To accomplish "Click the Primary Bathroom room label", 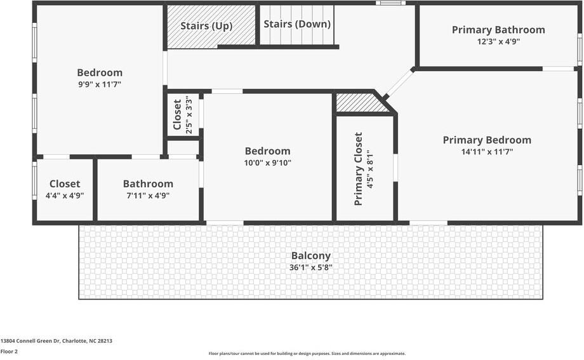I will click(498, 30).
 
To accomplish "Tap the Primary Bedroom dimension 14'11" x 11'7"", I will click(487, 152).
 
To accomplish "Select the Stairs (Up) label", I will click(206, 27).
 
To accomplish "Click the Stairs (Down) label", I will click(297, 24).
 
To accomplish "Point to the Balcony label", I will click(310, 256).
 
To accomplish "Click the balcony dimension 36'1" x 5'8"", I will click(310, 267).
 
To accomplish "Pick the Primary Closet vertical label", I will click(358, 169).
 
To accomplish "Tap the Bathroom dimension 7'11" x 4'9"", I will click(148, 196).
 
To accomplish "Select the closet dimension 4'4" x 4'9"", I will click(65, 196).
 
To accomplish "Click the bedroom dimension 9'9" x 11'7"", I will click(100, 84).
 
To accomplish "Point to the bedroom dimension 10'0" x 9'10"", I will click(267, 163).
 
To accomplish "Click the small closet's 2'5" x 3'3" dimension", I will click(188, 115).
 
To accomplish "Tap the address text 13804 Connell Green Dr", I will click(56, 341).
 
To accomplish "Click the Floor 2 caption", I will click(9, 351).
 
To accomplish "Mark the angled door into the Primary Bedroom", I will click(399, 83).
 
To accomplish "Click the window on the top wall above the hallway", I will click(390, 3).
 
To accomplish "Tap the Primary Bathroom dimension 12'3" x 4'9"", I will click(498, 41).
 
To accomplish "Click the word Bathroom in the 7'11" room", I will click(148, 184).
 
